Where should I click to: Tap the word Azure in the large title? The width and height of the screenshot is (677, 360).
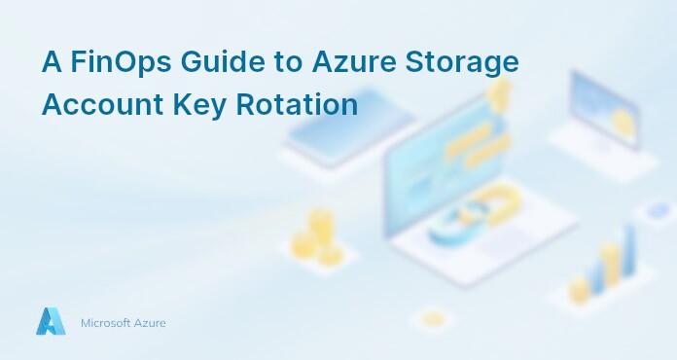(x=355, y=62)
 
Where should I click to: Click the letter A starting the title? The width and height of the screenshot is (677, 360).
(x=52, y=62)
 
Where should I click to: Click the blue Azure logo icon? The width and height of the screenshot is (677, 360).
(x=51, y=322)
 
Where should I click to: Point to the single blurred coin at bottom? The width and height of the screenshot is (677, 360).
(x=433, y=317)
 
